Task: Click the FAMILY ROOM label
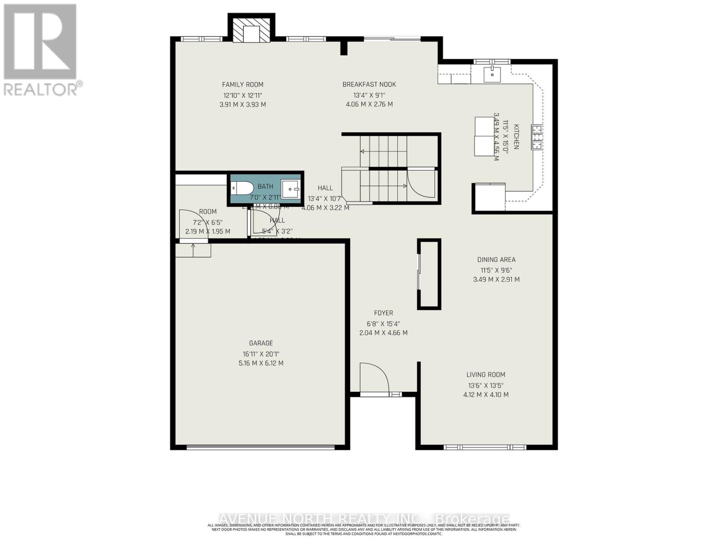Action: [x=243, y=85]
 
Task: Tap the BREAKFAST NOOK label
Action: [x=369, y=85]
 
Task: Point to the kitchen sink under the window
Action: [x=492, y=74]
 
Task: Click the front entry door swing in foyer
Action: [x=374, y=378]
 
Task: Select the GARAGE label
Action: [x=261, y=344]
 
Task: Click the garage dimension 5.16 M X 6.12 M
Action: [x=261, y=363]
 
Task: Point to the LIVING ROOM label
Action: [x=485, y=375]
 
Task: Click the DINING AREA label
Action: [x=496, y=260]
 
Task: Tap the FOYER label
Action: [x=383, y=313]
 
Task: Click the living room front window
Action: [x=485, y=447]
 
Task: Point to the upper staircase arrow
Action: [x=363, y=151]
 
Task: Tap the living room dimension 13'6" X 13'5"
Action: [x=485, y=385]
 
